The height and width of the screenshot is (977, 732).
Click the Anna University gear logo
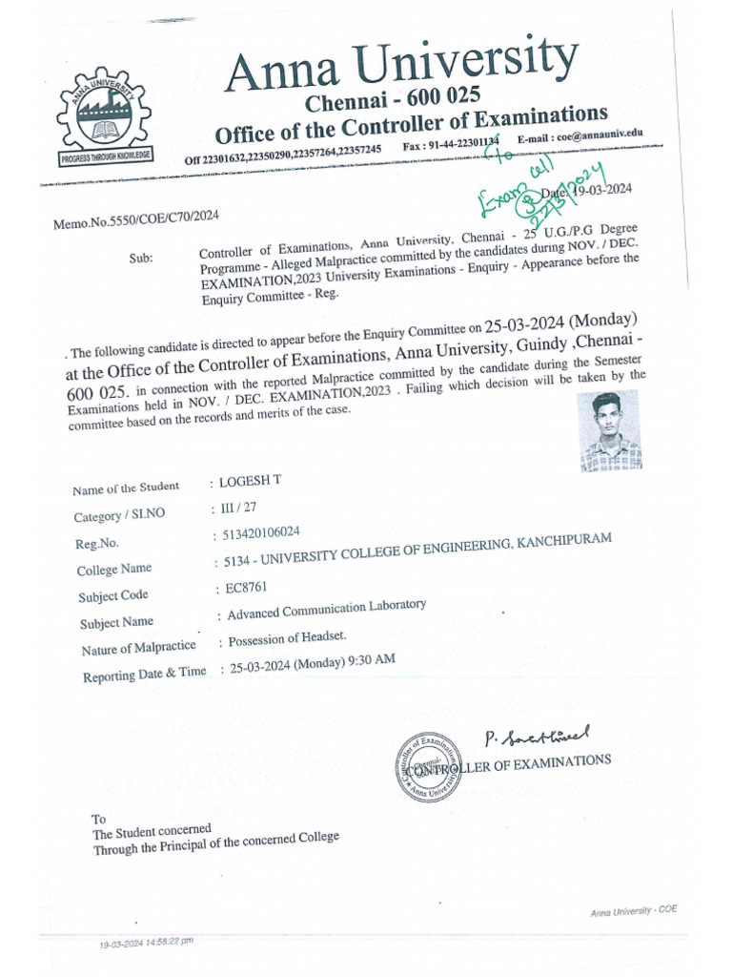(x=103, y=117)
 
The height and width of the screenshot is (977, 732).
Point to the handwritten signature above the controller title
(x=537, y=736)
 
